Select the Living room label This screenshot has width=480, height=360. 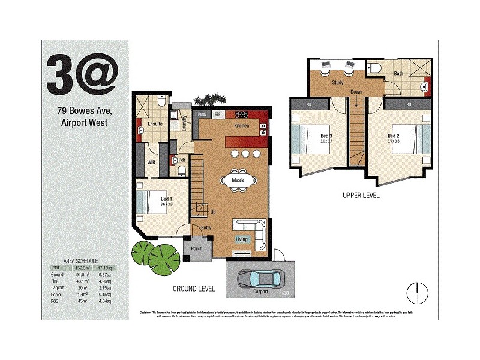click(241, 239)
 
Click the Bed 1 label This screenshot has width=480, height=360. click(166, 200)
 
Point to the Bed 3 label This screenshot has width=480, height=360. click(326, 136)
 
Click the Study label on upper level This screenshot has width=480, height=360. click(337, 83)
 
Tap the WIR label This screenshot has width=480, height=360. click(151, 162)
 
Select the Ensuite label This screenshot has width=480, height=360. click(155, 124)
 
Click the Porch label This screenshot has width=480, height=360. click(197, 248)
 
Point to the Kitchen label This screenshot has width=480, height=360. click(242, 125)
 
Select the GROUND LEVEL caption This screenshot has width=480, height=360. click(194, 289)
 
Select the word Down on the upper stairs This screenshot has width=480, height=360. click(356, 92)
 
